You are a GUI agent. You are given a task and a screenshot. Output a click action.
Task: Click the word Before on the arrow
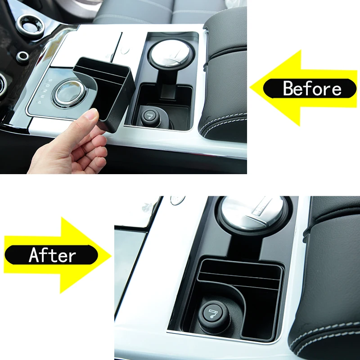click(312, 88)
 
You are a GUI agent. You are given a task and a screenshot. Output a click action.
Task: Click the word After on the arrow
click(52, 255)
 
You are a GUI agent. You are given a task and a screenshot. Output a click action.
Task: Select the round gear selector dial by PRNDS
click(69, 93)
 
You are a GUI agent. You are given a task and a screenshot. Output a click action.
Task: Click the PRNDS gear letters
click(45, 91)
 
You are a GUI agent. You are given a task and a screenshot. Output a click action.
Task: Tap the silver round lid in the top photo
click(171, 54)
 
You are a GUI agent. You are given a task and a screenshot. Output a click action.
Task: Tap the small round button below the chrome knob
click(23, 57)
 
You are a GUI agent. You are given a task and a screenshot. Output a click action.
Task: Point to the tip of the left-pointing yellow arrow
click(250, 88)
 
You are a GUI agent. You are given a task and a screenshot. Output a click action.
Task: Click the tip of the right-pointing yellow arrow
click(112, 256)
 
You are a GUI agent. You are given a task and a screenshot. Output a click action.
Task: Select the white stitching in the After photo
click(324, 333)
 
